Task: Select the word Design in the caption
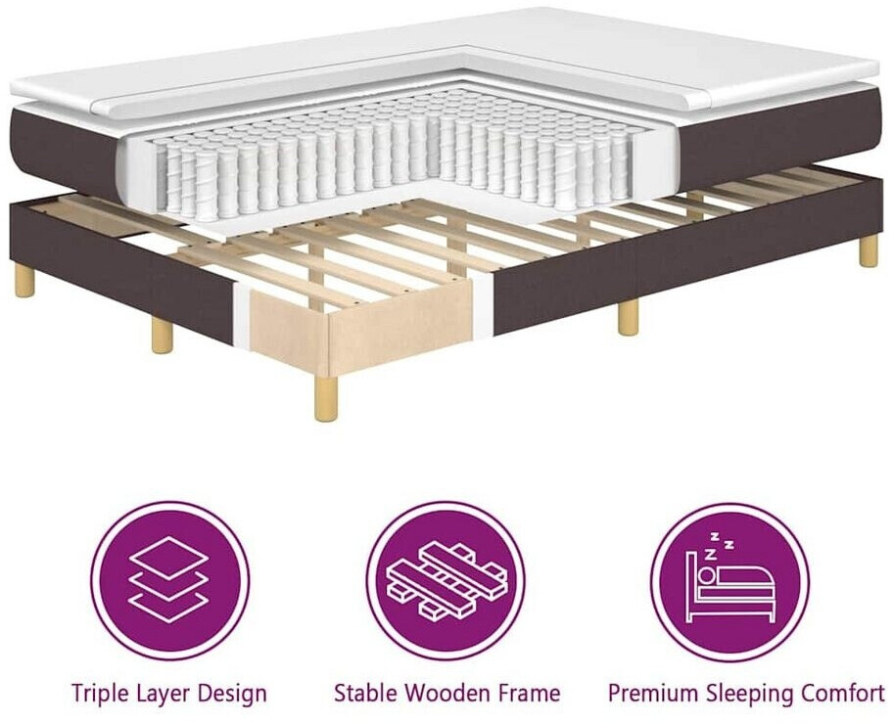(233, 694)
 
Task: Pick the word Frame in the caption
(530, 694)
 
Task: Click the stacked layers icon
(168, 579)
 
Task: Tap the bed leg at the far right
(869, 251)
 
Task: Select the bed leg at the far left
(24, 281)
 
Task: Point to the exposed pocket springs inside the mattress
(392, 157)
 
